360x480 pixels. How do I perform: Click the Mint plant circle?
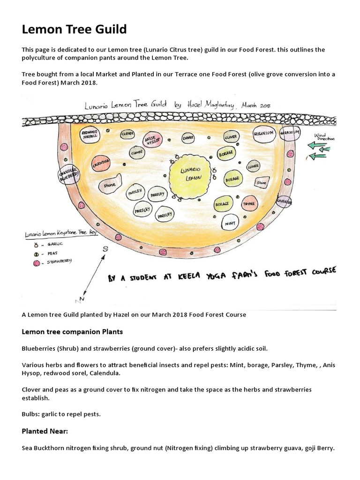coord(230,223)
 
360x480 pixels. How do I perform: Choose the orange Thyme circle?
coord(249,204)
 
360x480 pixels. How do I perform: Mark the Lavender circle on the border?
coord(285,201)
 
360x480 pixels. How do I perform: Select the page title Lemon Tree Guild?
coord(75,30)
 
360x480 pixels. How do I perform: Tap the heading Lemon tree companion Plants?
coord(72,331)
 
